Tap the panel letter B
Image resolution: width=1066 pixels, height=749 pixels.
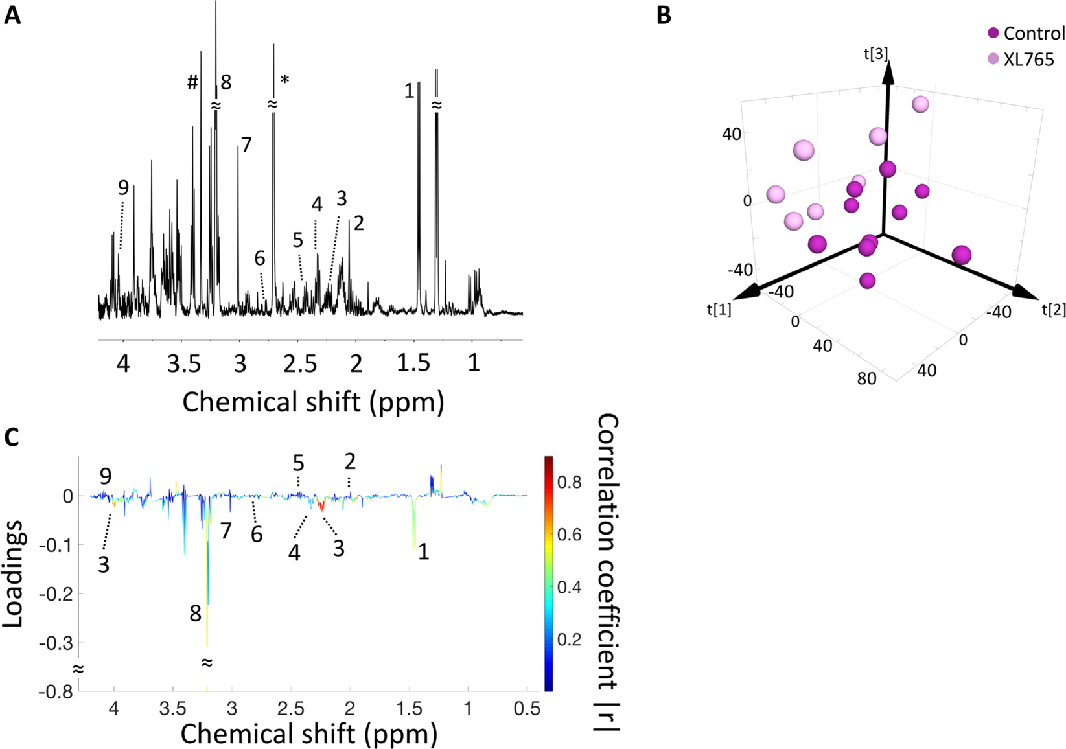pos(664,15)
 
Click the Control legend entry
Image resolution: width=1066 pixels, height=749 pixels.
pos(1034,33)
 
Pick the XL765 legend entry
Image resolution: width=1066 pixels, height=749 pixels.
pos(1028,59)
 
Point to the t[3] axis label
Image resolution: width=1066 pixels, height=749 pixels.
pos(875,54)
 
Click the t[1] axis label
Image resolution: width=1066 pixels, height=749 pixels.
pos(719,310)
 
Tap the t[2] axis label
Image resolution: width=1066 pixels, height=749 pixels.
pos(1054,310)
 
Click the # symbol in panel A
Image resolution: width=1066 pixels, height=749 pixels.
pos(192,83)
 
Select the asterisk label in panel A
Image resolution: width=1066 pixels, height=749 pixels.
pos(284,80)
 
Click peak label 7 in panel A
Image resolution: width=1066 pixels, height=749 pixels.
pos(246,144)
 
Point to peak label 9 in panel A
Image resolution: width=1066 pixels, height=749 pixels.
pos(123,188)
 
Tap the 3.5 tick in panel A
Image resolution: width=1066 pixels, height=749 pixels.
pos(183,364)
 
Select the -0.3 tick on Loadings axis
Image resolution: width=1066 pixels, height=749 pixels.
pos(57,643)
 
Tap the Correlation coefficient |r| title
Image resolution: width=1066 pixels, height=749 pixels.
pos(607,573)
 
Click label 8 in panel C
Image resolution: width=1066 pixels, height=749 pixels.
pos(195,614)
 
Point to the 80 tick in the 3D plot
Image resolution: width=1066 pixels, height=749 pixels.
pos(866,378)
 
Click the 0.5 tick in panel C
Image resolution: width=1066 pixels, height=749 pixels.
pos(527,709)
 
